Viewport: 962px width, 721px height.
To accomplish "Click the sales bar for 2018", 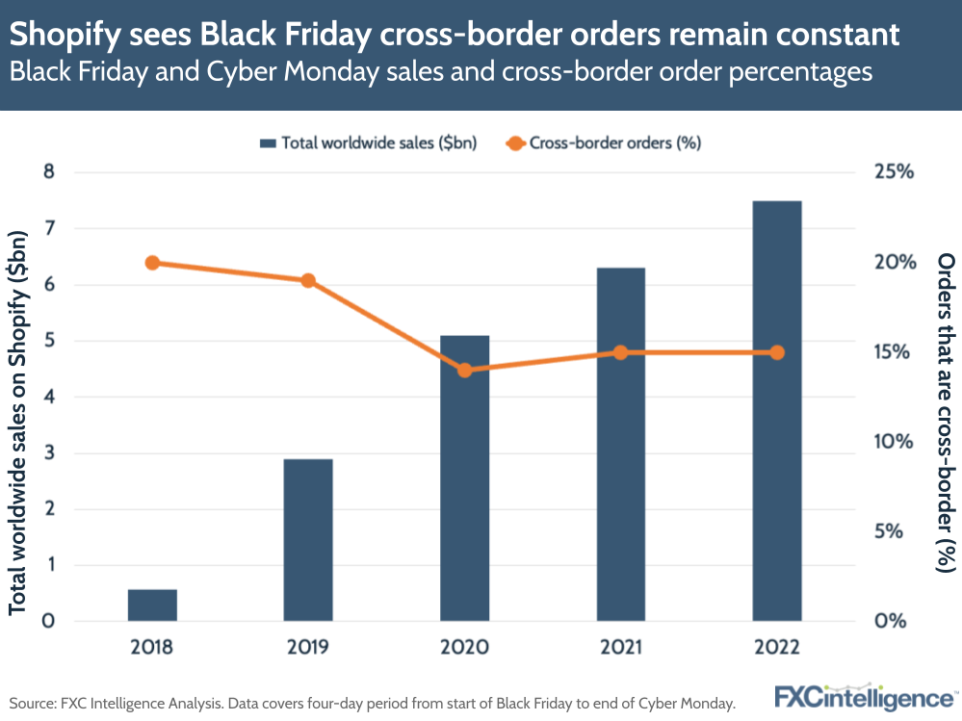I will click(x=152, y=605).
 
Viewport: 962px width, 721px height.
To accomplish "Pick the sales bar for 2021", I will click(x=620, y=444).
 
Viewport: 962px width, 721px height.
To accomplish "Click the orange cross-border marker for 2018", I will click(x=152, y=263).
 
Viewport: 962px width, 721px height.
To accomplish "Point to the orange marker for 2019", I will click(x=308, y=281).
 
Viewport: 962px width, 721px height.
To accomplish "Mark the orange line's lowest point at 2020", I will click(x=464, y=371).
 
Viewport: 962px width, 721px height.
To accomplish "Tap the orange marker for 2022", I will click(x=777, y=352).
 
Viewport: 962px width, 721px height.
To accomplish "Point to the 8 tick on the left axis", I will click(x=48, y=173).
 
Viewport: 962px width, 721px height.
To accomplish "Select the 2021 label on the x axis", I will click(x=620, y=647).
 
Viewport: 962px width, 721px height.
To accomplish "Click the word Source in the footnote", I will click(x=33, y=703).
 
